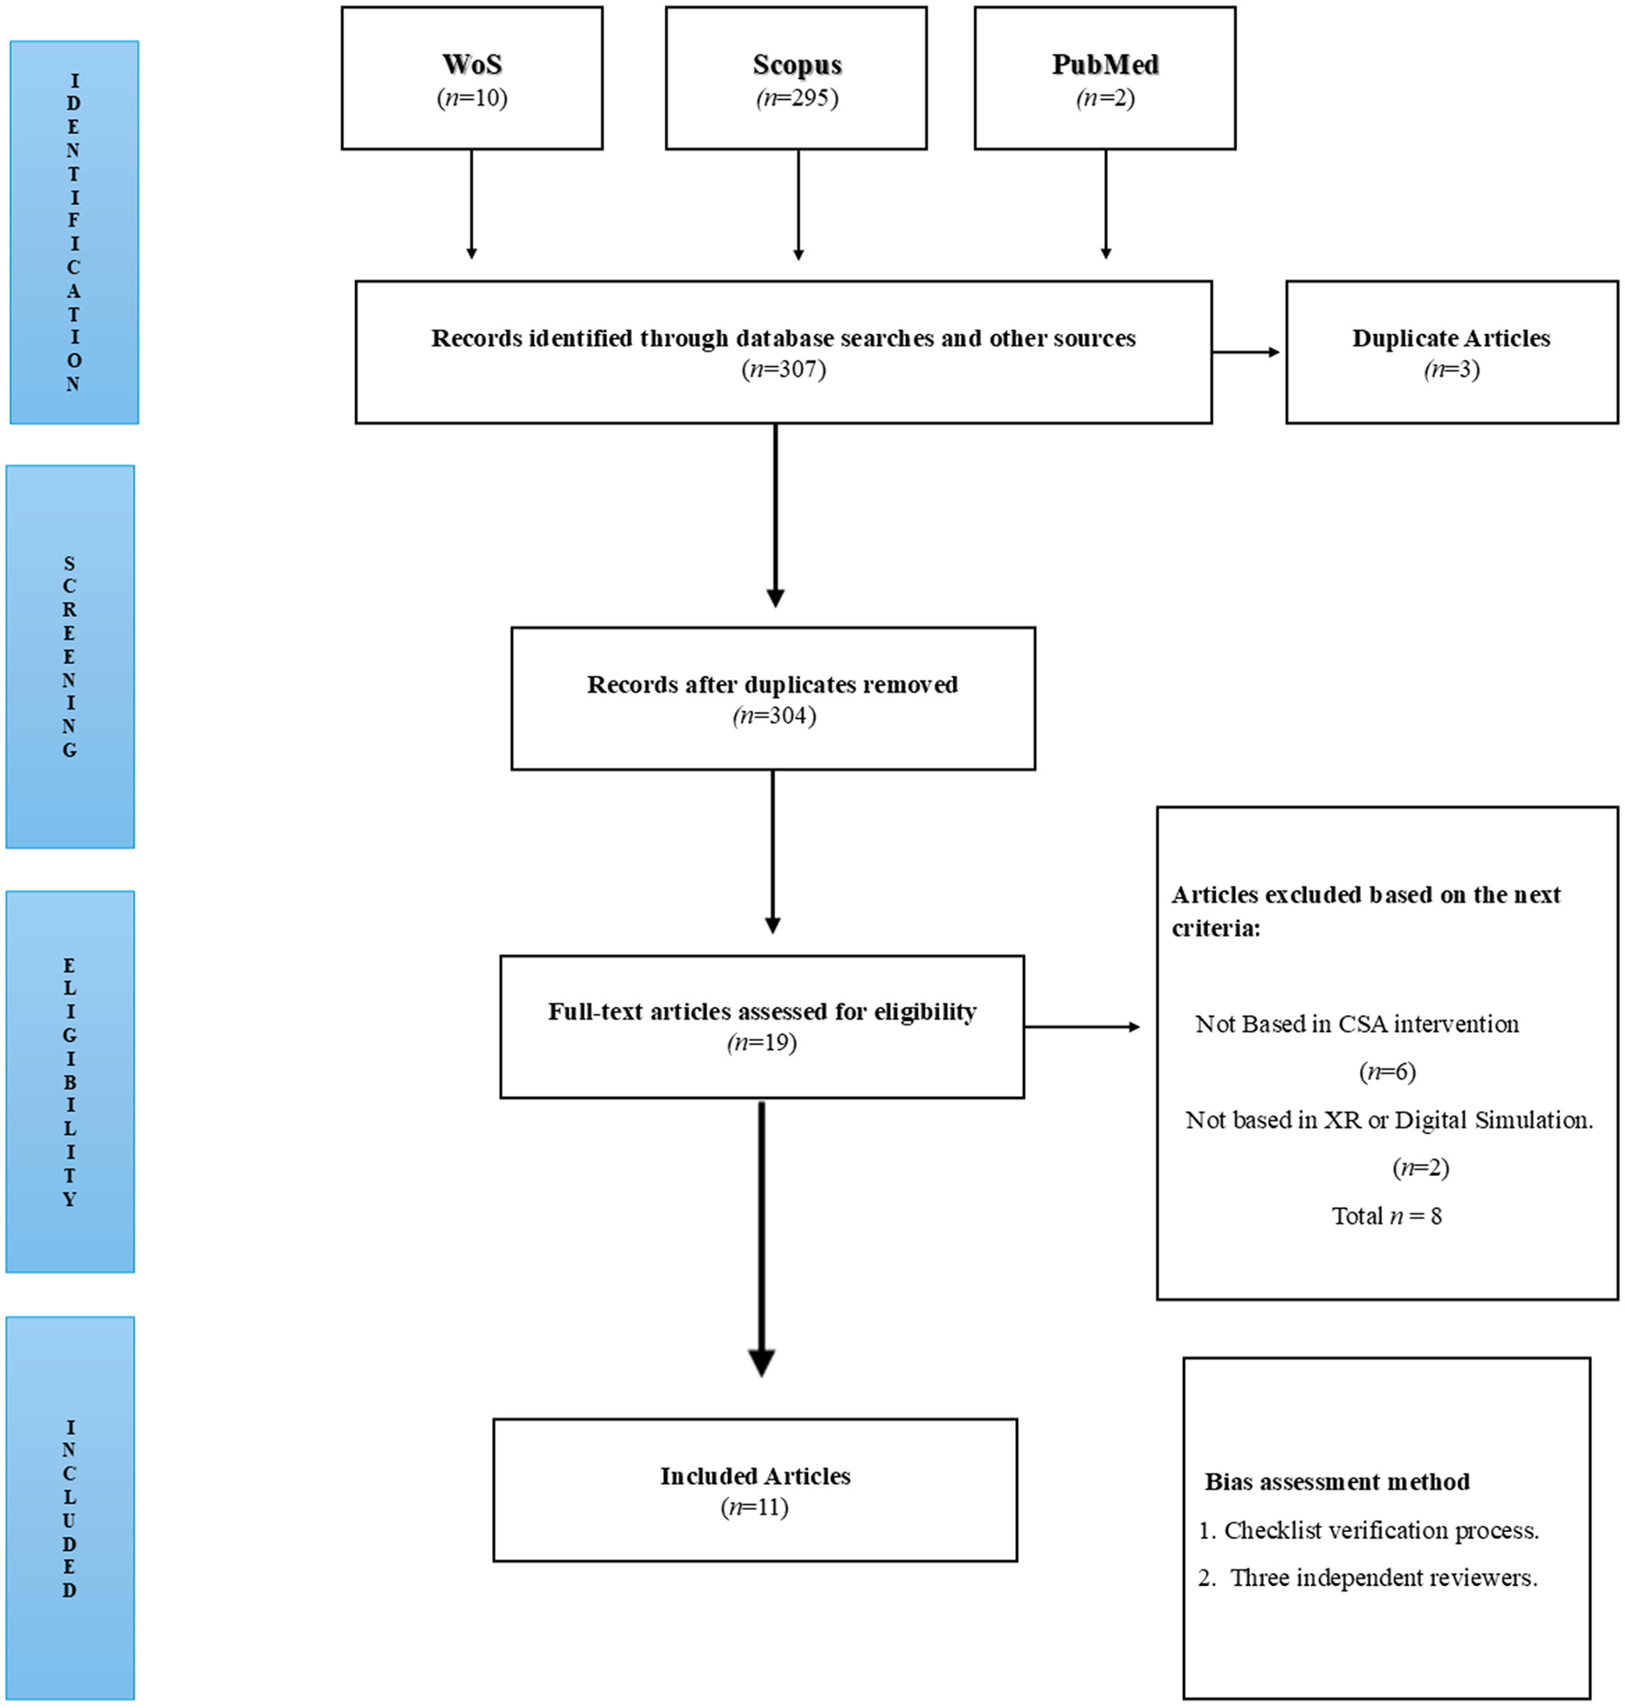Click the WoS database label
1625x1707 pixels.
click(471, 64)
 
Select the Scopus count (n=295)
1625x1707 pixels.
click(796, 98)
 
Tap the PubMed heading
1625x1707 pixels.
click(1104, 64)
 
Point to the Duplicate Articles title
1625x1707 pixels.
click(1451, 338)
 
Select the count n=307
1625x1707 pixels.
click(783, 370)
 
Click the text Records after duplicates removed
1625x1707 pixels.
click(772, 684)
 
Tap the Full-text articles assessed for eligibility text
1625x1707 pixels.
click(761, 1012)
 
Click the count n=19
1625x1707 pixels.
click(761, 1043)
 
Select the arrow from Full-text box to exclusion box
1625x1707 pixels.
click(1082, 1026)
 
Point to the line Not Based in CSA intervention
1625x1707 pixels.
click(1356, 1024)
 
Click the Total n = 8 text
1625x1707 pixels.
click(1387, 1216)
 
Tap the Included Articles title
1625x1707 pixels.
click(755, 1476)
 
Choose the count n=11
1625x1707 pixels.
click(754, 1507)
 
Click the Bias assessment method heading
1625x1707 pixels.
click(1336, 1481)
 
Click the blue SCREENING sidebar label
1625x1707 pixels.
click(70, 656)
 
